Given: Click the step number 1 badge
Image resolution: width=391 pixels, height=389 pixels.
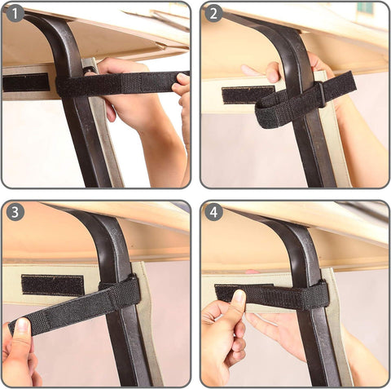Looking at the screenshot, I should (15, 14).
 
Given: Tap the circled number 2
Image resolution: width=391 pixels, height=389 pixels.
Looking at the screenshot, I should (214, 14).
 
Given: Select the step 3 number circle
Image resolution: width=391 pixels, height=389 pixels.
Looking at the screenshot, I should (15, 212).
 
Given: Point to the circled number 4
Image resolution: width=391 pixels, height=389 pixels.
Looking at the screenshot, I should (214, 212).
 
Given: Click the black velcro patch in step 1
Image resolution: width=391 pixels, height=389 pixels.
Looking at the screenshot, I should (25, 82).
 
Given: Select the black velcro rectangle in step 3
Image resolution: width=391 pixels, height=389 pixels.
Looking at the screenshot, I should (52, 285).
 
